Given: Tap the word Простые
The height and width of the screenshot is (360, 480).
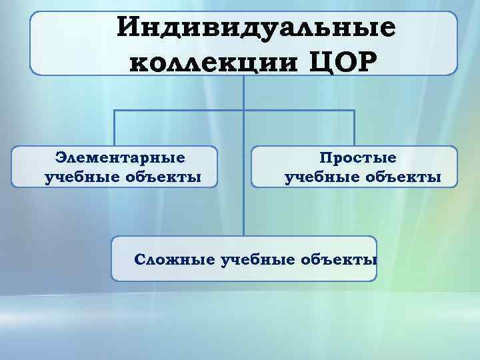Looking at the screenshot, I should point(357,158).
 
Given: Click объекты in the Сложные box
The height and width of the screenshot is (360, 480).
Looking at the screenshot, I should point(339,258).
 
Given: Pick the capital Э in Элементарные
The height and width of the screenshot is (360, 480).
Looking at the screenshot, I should point(61,158).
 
